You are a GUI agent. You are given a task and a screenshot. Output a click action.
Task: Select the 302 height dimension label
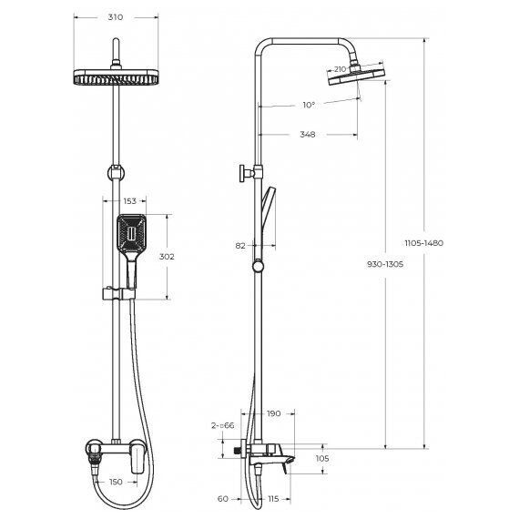[x=166, y=257]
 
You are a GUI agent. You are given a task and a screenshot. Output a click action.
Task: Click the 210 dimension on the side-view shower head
[x=339, y=68]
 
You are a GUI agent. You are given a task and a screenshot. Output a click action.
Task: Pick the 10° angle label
[x=309, y=105]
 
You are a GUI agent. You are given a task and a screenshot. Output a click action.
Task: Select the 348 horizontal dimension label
[x=307, y=134]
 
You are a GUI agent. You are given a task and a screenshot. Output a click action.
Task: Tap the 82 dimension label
[x=240, y=245]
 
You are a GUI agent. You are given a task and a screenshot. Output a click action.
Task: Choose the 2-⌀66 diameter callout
[x=223, y=426]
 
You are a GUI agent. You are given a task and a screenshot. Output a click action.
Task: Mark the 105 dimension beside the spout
[x=322, y=459]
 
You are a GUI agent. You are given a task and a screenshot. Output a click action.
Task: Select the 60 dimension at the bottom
[x=224, y=499]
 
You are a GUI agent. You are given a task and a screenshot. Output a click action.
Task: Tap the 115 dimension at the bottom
[x=273, y=499]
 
